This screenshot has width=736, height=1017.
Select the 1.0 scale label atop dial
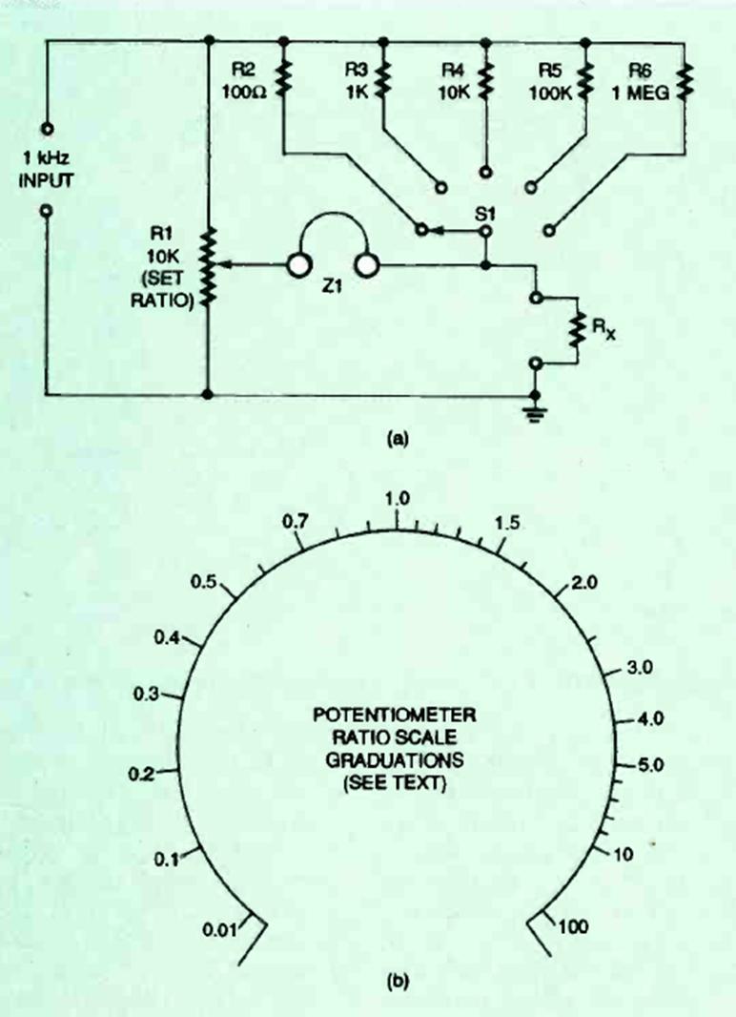(x=396, y=498)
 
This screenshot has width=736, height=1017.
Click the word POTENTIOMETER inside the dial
(x=394, y=715)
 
